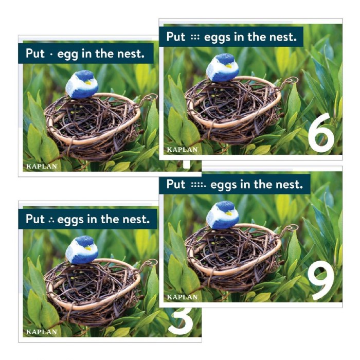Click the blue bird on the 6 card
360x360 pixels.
click(223, 68)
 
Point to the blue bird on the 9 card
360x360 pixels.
click(223, 215)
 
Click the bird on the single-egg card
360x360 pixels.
click(82, 85)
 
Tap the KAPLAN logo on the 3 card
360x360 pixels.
click(42, 332)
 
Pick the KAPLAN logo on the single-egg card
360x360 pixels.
click(42, 167)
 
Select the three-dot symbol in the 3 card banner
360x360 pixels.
click(51, 220)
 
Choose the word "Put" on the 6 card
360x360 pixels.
click(176, 37)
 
